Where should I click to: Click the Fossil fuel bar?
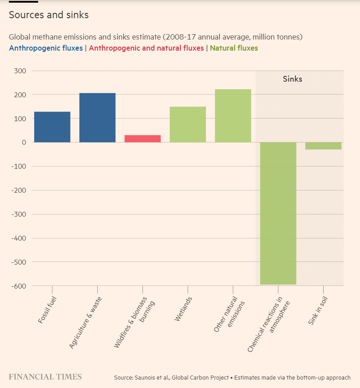[52, 127]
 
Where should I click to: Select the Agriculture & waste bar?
[97, 118]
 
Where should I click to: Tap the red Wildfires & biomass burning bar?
[142, 139]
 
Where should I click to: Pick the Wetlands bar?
[188, 124]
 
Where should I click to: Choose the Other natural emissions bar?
[233, 116]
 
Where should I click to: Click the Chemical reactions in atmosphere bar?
[278, 213]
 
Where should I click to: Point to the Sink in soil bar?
[323, 146]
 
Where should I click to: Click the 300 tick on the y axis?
[20, 71]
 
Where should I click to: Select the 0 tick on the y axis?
[24, 143]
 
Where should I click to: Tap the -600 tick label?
[18, 286]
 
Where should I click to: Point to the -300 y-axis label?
[18, 214]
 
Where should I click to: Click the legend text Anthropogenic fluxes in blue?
[46, 48]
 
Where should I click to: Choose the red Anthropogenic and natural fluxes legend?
[146, 48]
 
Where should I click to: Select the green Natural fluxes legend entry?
[234, 48]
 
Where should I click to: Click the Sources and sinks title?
[49, 15]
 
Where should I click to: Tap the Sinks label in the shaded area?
[293, 79]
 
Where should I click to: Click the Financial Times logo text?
[45, 377]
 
